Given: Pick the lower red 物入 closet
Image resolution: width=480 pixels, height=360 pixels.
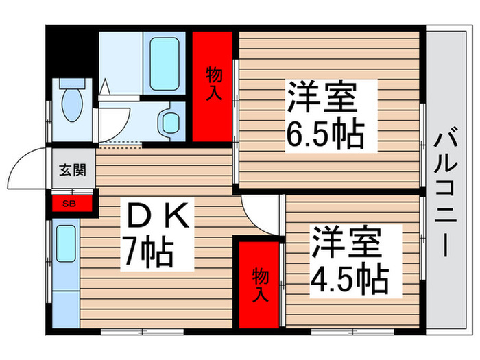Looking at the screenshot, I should pos(260,282).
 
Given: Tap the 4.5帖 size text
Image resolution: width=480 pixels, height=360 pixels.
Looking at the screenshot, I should pos(350,278).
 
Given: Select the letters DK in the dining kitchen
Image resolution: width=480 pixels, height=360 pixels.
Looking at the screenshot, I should pos(158,217).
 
